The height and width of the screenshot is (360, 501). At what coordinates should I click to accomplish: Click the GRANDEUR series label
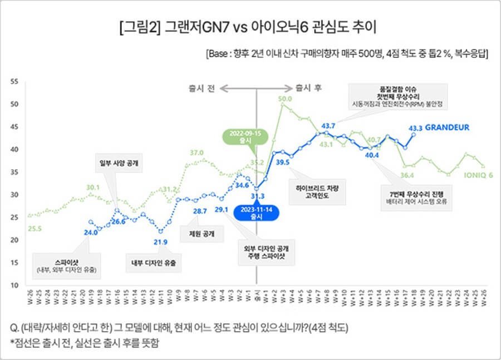click(x=447, y=127)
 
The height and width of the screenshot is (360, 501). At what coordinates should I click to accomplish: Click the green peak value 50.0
click(x=285, y=99)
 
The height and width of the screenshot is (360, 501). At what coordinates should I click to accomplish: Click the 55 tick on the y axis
click(x=15, y=82)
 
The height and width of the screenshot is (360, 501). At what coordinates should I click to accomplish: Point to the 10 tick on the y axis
click(x=15, y=285)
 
